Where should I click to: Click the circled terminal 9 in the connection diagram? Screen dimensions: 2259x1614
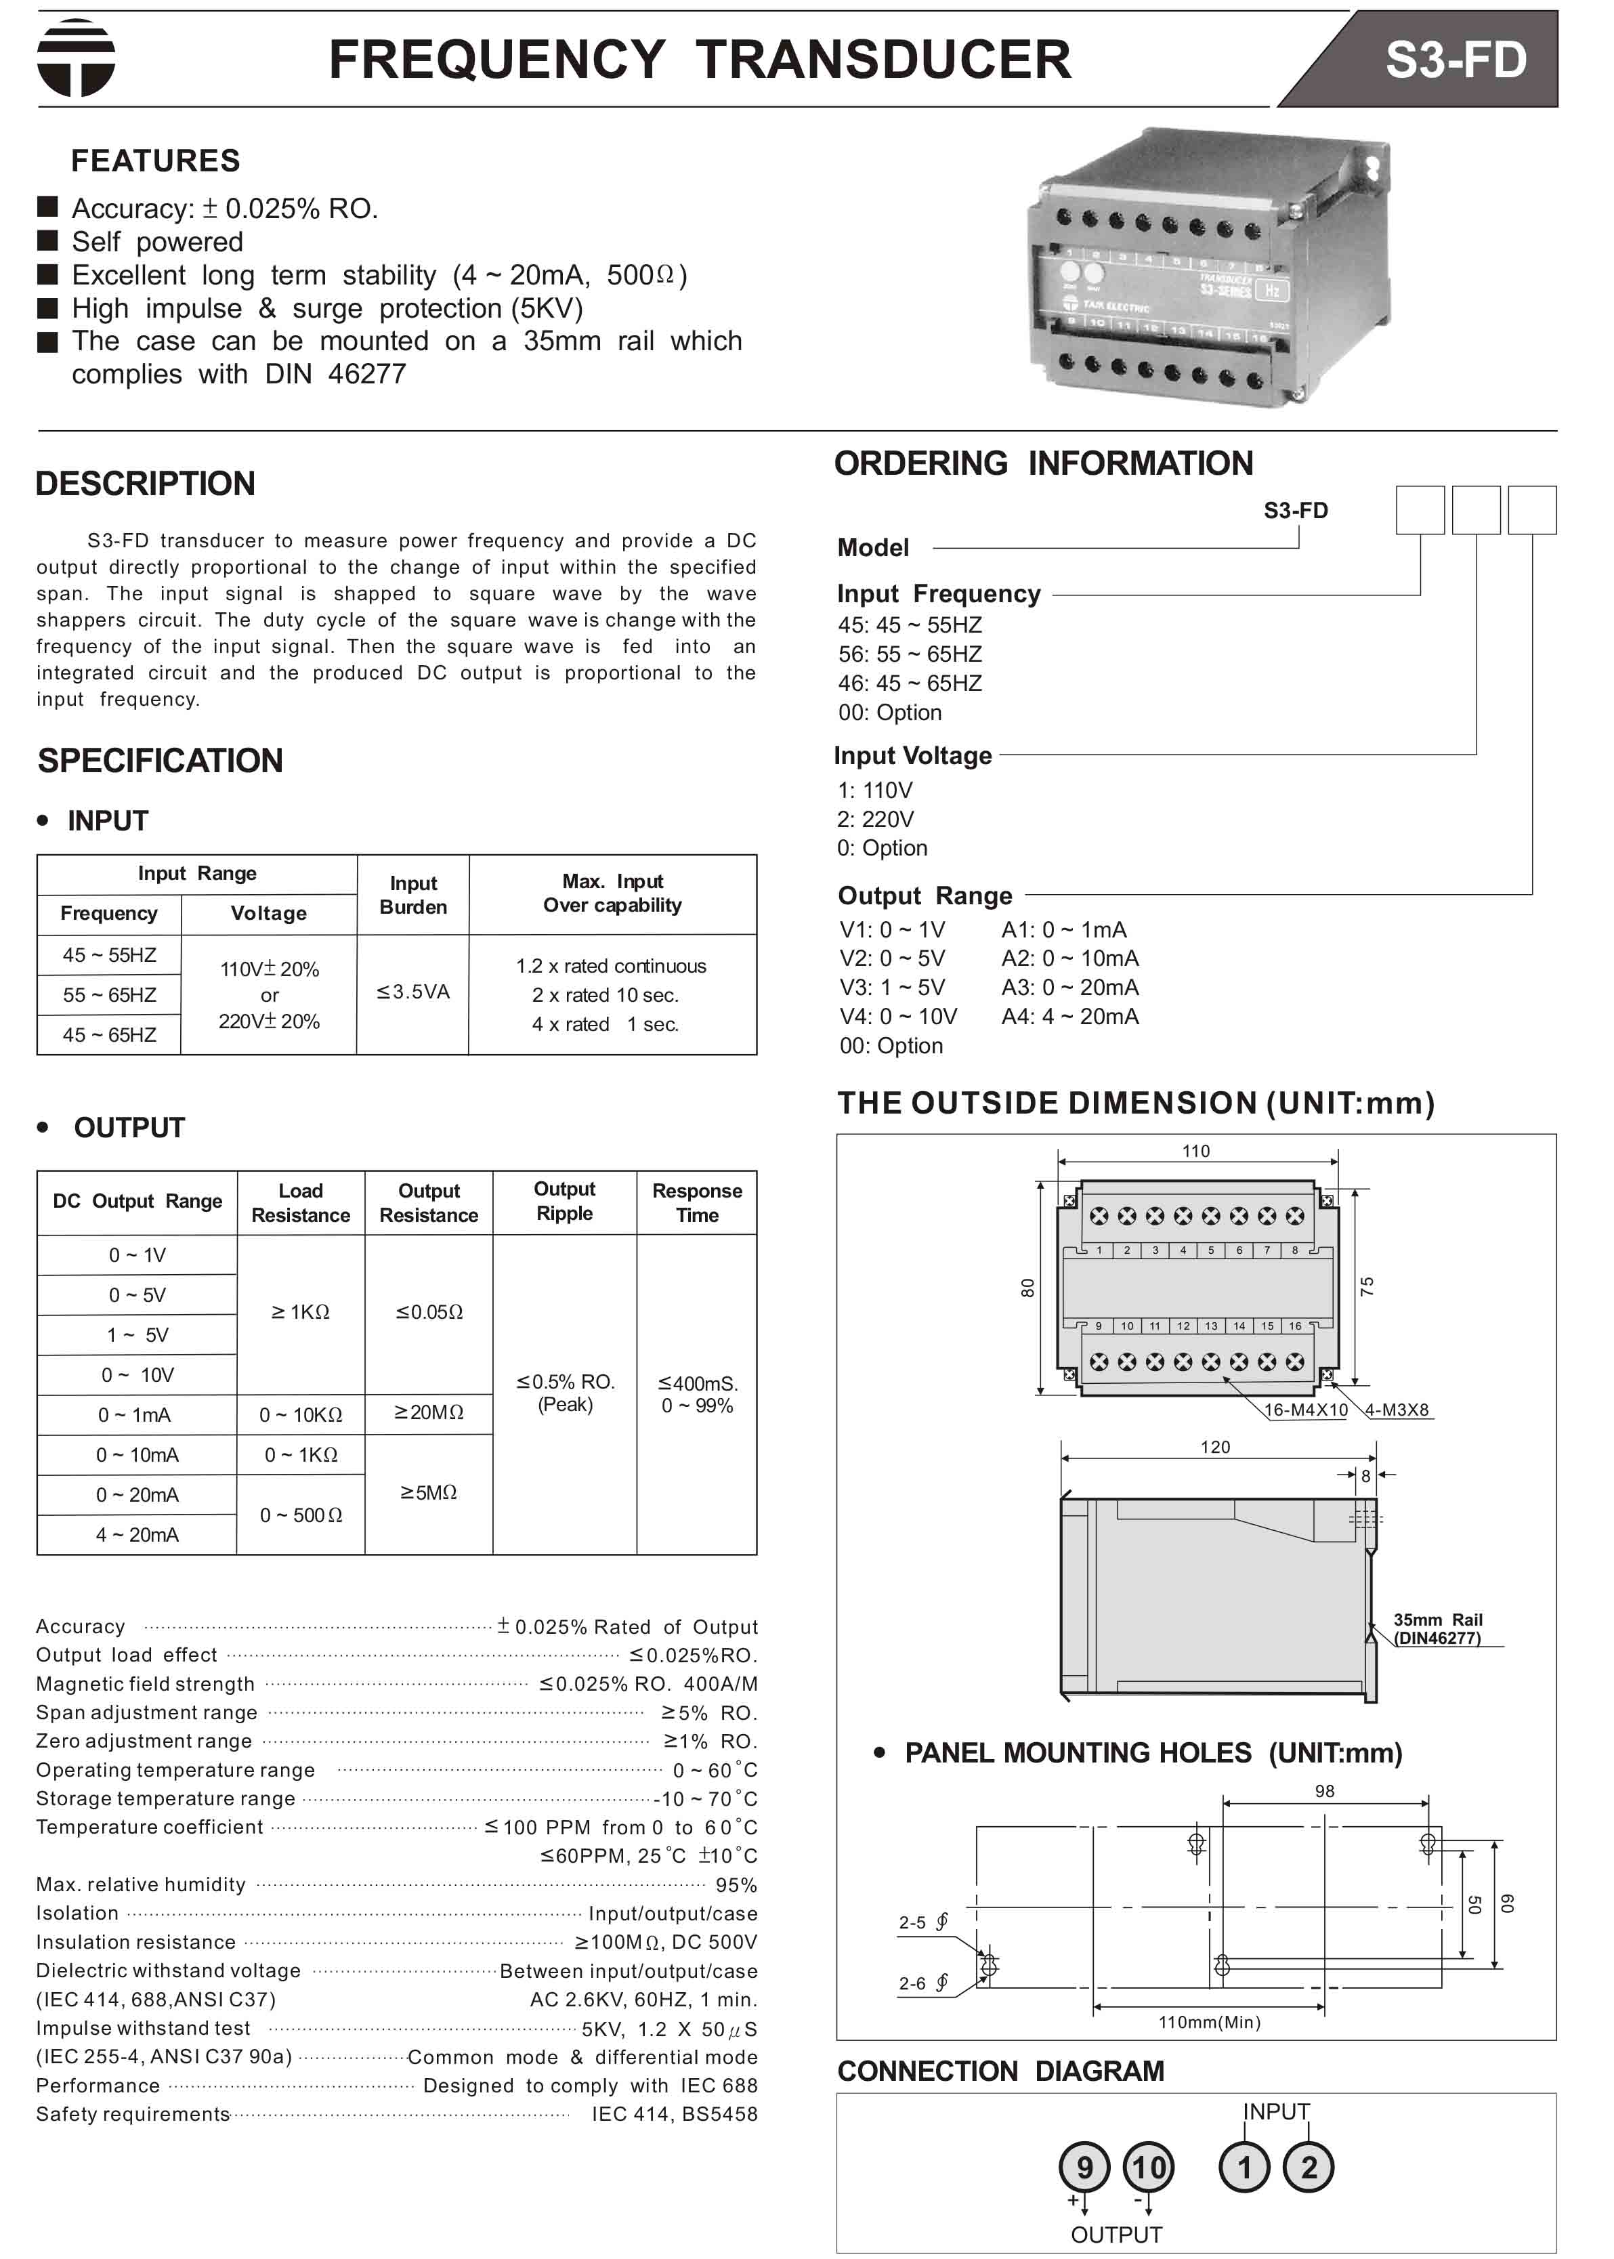[x=1084, y=2167]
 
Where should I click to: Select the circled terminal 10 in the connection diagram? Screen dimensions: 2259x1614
[x=1148, y=2167]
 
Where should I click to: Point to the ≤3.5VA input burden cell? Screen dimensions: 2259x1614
[x=412, y=992]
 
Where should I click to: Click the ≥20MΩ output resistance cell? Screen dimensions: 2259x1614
[x=428, y=1412]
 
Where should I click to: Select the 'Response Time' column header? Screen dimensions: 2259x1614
[x=697, y=1202]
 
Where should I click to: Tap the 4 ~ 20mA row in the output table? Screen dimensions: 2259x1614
[x=137, y=1534]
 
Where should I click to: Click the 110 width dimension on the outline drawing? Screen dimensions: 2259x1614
[x=1195, y=1151]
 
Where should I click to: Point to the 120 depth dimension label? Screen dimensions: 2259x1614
[x=1214, y=1447]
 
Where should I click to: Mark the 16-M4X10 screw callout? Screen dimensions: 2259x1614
[x=1305, y=1410]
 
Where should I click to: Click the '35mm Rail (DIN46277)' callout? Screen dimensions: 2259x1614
[x=1437, y=1628]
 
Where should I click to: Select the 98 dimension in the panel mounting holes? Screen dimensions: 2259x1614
[x=1324, y=1791]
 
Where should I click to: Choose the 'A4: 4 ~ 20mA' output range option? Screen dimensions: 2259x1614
[x=1069, y=1016]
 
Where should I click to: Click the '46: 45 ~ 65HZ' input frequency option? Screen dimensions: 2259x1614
[x=910, y=683]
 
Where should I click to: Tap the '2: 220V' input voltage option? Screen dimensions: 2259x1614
[x=874, y=819]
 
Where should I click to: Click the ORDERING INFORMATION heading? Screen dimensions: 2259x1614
[x=1044, y=463]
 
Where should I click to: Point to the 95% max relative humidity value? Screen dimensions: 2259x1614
[x=736, y=1885]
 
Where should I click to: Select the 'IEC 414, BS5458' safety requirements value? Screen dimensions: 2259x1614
[x=674, y=2114]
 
